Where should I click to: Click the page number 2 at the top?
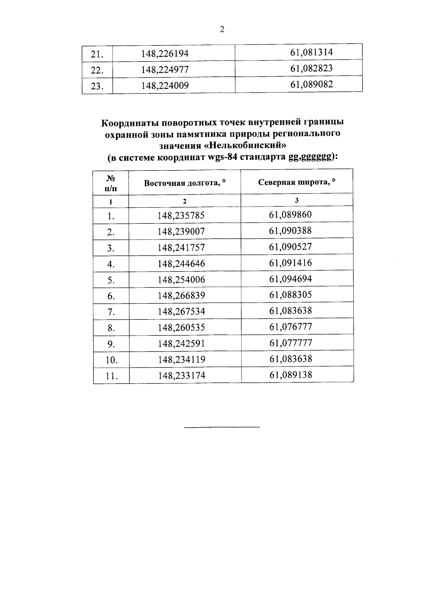[222, 30]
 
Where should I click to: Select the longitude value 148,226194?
[165, 54]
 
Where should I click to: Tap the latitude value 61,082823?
[311, 68]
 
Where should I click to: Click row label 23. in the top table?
[97, 86]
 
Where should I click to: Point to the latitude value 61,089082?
[311, 85]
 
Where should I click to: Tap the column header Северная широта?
[297, 182]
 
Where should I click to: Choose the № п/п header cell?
[111, 182]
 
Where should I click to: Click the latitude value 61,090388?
[290, 231]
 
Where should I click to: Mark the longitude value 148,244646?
[181, 264]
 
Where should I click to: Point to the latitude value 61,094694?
[291, 279]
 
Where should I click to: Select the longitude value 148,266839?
[181, 296]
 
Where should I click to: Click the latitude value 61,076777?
[291, 327]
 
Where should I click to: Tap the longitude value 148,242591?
[181, 344]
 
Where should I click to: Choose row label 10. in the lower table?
[112, 360]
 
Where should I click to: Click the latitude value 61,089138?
[291, 375]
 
